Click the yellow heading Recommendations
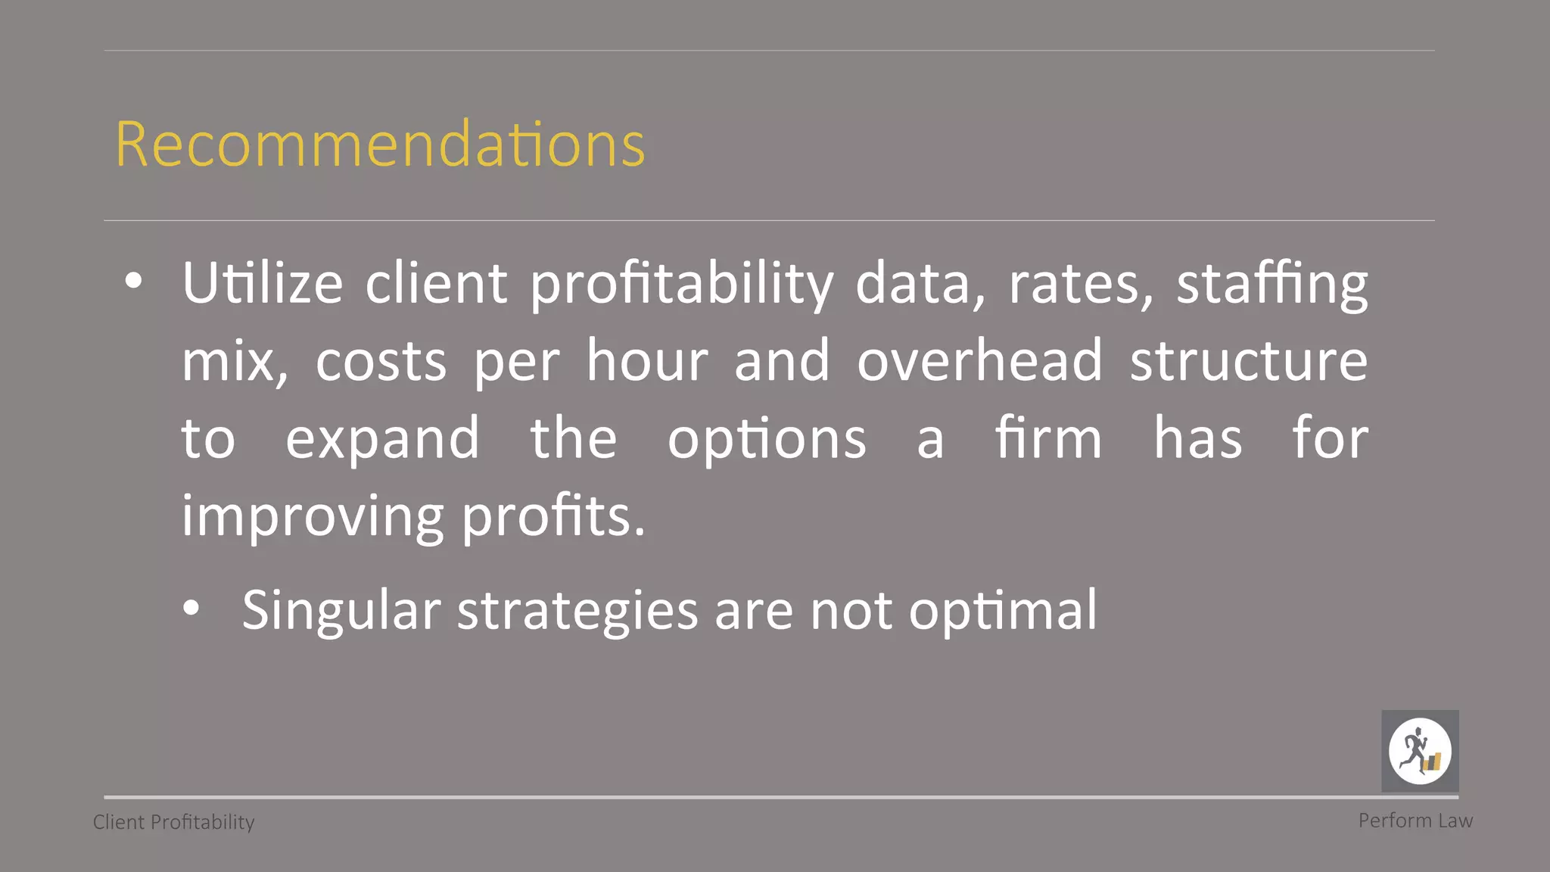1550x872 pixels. click(380, 144)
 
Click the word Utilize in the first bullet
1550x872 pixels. click(263, 283)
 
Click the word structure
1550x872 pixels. click(1249, 360)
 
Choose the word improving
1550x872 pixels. click(312, 518)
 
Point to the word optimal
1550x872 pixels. click(1003, 611)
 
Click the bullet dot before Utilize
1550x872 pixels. click(134, 281)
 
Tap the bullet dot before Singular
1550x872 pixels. click(192, 607)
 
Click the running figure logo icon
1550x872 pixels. click(1420, 751)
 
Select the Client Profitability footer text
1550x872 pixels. click(173, 822)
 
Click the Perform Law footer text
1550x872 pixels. click(1415, 821)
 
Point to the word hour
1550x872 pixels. click(647, 360)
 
